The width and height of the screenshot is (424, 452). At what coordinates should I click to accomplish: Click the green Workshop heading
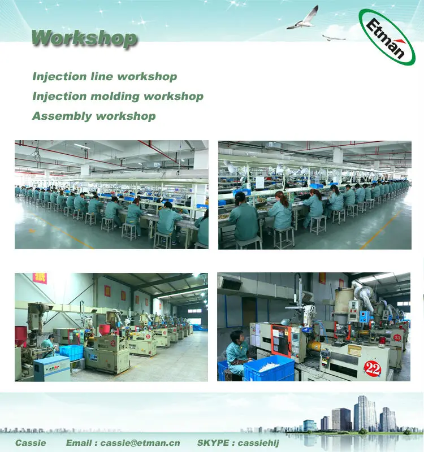(x=84, y=38)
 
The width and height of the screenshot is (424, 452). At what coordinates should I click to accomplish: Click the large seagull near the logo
(x=304, y=19)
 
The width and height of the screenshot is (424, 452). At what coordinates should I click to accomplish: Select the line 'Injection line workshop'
(x=105, y=77)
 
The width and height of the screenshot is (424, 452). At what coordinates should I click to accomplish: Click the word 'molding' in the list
(x=118, y=97)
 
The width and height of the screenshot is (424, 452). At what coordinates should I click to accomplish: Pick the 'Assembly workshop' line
(x=94, y=116)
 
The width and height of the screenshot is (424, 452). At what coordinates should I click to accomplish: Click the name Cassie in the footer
(x=31, y=442)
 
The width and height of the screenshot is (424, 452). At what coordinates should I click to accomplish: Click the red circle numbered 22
(x=372, y=368)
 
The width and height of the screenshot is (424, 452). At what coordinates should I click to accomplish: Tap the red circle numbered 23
(x=397, y=337)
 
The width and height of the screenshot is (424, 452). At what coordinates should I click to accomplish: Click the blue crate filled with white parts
(x=269, y=368)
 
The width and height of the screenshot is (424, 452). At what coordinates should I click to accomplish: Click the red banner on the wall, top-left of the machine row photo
(x=40, y=278)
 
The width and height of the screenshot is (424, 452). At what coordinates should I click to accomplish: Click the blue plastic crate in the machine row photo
(x=71, y=352)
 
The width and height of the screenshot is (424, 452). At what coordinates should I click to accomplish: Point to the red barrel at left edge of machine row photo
(x=21, y=336)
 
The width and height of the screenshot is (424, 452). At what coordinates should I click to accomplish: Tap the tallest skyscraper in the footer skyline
(x=362, y=412)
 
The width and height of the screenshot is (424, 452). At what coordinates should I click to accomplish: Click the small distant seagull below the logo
(x=334, y=38)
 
